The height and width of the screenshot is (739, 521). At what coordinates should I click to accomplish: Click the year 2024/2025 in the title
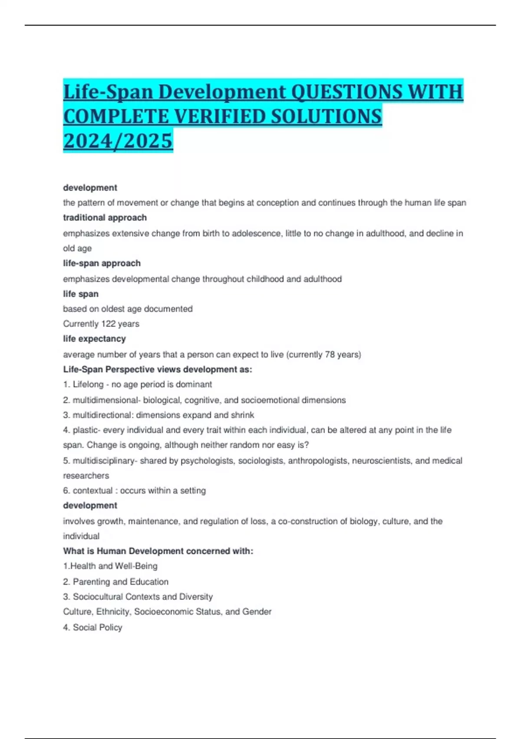point(118,140)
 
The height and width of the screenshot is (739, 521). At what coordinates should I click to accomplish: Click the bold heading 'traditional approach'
point(105,217)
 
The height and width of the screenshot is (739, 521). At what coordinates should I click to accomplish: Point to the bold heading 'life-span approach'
point(102,263)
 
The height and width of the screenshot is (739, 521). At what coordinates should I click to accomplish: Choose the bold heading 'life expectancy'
point(94,339)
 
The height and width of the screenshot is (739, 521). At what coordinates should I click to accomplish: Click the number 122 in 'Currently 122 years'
point(108,324)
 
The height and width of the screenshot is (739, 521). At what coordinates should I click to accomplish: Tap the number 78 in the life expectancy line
point(330,354)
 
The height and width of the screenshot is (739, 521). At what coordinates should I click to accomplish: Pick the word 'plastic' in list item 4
point(86,430)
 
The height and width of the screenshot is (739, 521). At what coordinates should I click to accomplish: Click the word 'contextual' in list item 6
point(92,490)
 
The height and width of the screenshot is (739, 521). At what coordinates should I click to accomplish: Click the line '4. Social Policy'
point(92,627)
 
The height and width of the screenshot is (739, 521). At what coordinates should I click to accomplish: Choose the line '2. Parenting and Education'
point(115,582)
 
